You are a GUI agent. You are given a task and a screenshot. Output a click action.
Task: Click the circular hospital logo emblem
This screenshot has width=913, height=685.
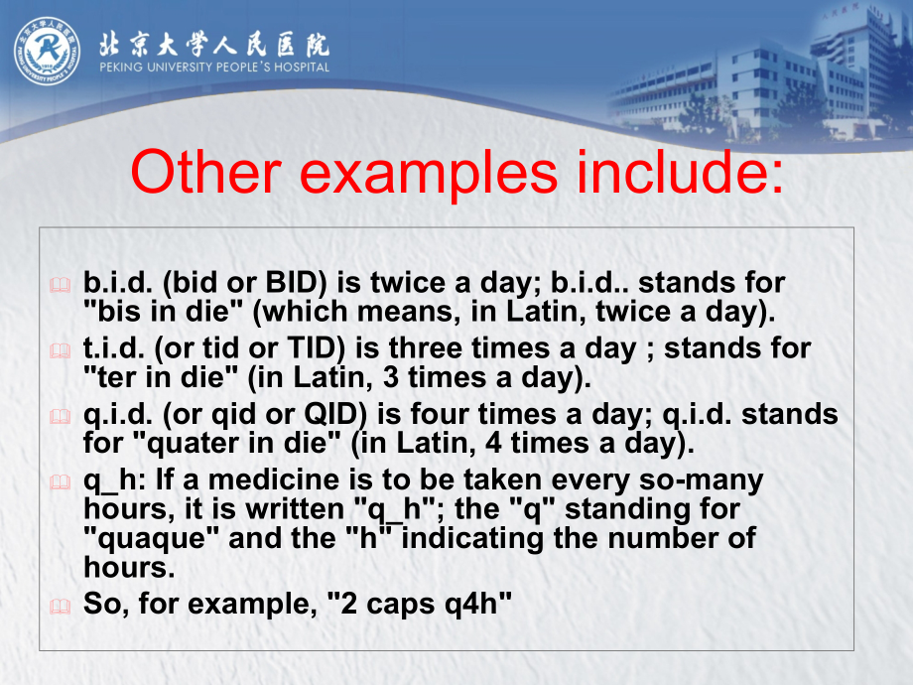48,52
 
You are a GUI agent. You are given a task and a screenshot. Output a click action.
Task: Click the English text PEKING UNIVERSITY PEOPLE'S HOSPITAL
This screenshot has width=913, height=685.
214,67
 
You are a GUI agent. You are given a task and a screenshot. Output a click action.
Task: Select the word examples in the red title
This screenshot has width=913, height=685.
429,175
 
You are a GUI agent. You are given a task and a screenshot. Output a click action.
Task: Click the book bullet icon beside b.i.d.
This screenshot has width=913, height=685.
60,285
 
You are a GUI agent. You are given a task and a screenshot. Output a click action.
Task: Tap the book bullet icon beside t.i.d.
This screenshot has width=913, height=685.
60,350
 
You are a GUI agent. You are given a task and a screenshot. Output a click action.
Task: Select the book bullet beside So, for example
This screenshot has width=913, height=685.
60,606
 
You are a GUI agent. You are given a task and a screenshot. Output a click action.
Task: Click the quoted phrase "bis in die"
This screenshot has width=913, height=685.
163,311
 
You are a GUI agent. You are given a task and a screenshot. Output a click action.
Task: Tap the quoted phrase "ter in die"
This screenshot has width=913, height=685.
161,377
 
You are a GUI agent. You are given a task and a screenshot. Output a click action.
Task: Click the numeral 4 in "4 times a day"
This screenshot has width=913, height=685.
494,444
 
